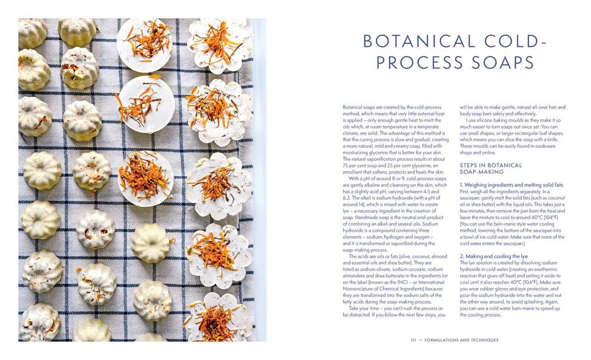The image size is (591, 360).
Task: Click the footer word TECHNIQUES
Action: (x=480, y=340)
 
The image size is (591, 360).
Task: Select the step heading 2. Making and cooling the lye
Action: (x=494, y=256)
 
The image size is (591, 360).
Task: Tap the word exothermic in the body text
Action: (x=545, y=269)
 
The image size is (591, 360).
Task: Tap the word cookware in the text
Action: (x=550, y=146)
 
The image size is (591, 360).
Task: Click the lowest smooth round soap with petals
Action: (x=145, y=177)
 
